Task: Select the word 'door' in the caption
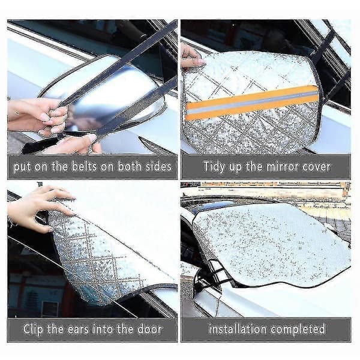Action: click(149, 329)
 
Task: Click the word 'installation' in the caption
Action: click(238, 329)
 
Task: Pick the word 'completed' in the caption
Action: click(298, 329)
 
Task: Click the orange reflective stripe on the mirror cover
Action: click(252, 102)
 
